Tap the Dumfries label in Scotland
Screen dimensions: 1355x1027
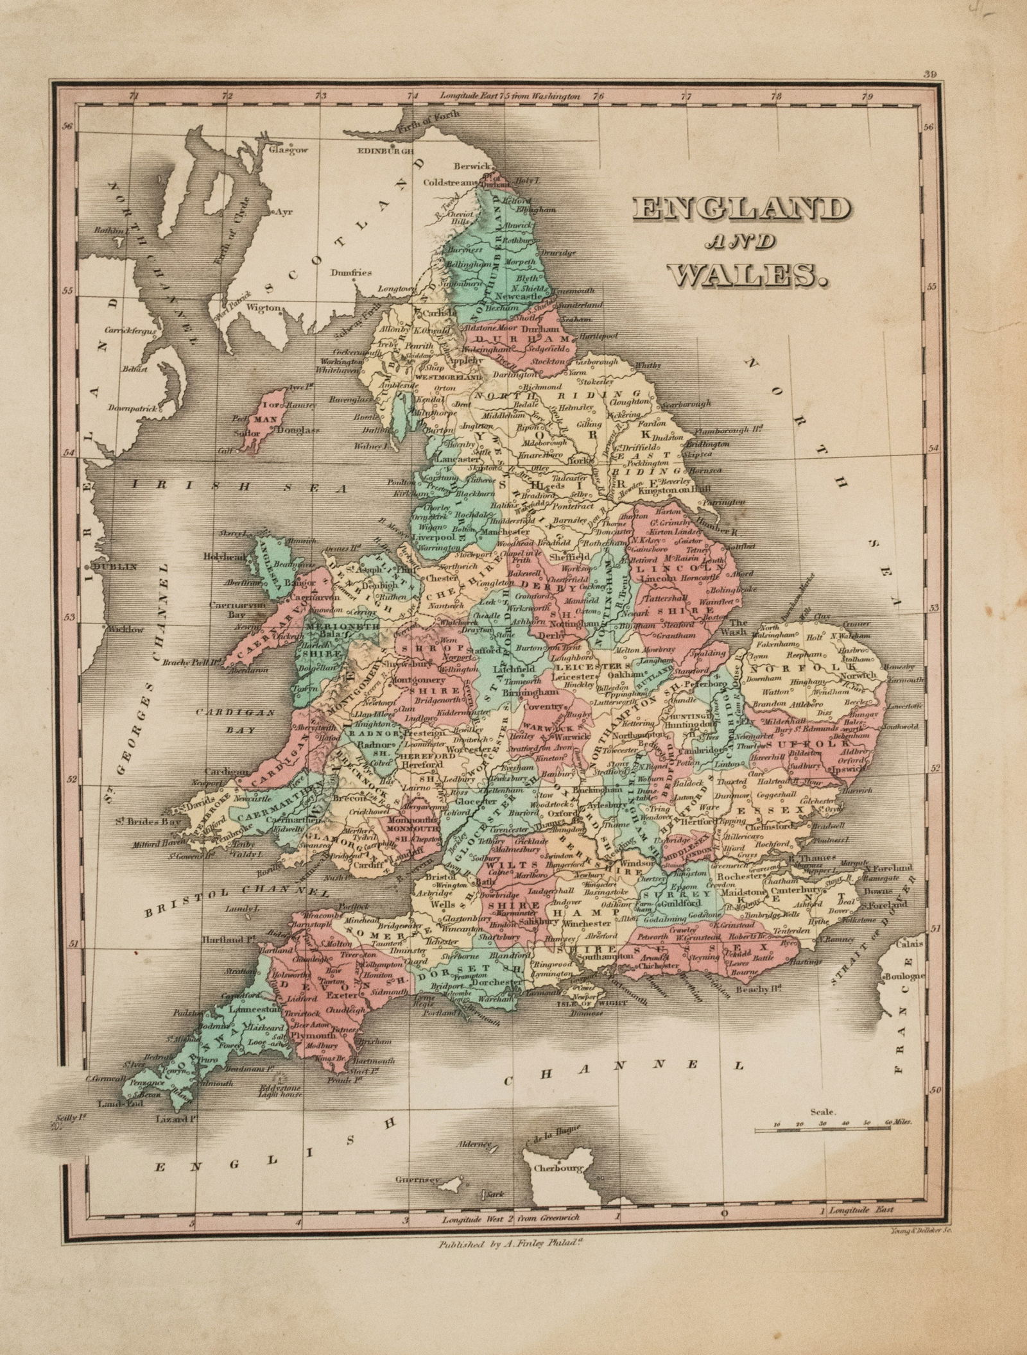352,272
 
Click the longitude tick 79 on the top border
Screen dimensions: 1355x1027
868,98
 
